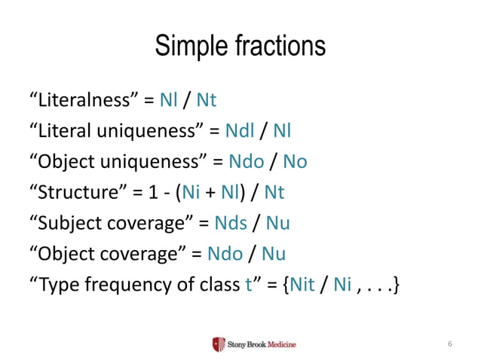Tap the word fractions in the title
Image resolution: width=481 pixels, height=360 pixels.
pos(277,46)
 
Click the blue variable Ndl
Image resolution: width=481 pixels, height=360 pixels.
pos(240,131)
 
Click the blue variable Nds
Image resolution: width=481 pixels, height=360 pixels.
pos(231,224)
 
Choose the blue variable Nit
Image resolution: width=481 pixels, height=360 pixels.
pos(303,285)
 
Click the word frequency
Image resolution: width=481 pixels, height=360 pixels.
pos(129,285)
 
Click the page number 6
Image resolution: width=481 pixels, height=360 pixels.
pos(449,344)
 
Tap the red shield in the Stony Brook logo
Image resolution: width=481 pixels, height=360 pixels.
pos(219,344)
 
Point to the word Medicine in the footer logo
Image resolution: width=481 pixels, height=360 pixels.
pos(279,344)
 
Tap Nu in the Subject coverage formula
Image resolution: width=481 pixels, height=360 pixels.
pos(278,224)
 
